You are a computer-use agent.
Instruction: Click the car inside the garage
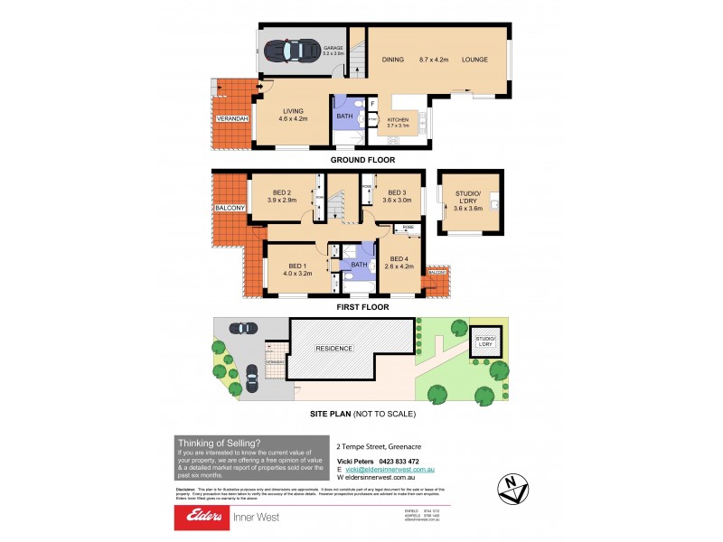click(x=292, y=51)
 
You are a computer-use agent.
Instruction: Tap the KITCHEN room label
click(x=399, y=120)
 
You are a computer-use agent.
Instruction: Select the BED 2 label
click(x=283, y=192)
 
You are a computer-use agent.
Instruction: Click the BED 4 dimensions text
click(x=399, y=266)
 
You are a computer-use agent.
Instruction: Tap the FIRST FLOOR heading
click(x=361, y=307)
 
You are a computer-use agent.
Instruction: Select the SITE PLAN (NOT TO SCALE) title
click(x=361, y=414)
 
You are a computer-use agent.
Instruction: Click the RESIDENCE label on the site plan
click(x=334, y=348)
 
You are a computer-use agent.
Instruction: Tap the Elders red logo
click(x=207, y=518)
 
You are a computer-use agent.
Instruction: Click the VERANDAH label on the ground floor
click(x=232, y=118)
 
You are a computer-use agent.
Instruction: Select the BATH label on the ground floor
click(x=344, y=116)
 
